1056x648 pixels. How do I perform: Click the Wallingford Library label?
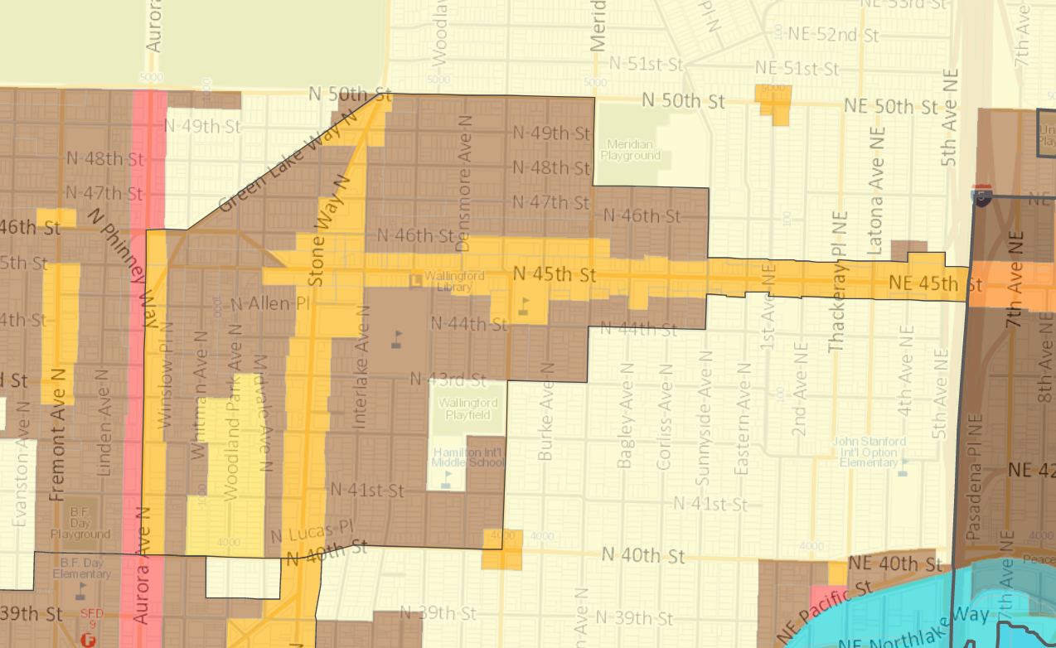pyautogui.click(x=448, y=282)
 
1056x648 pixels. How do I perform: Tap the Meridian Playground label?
pyautogui.click(x=631, y=150)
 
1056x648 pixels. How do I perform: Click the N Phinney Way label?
pyautogui.click(x=122, y=266)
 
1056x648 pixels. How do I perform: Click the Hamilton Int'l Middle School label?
pyautogui.click(x=469, y=457)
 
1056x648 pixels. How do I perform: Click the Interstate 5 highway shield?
pyautogui.click(x=983, y=196)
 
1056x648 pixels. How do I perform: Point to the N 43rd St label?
pyautogui.click(x=448, y=380)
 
